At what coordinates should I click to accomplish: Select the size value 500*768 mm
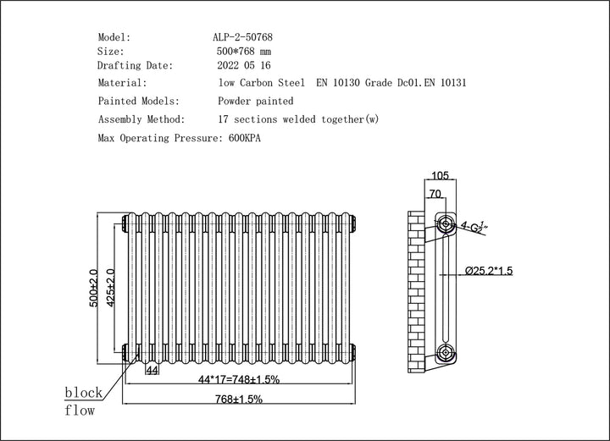(247, 52)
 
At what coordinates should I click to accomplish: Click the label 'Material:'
(123, 83)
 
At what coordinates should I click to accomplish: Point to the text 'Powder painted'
(256, 102)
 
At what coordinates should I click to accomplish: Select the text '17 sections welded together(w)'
(298, 119)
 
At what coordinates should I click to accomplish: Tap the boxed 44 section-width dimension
(152, 371)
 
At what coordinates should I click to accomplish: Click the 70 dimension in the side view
(435, 194)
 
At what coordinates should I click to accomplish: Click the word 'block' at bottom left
(84, 393)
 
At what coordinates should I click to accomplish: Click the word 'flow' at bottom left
(80, 411)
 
